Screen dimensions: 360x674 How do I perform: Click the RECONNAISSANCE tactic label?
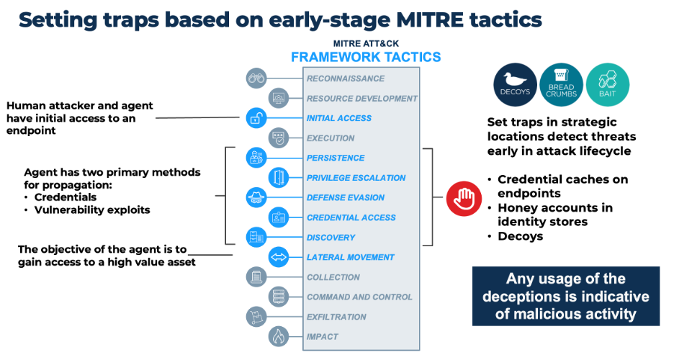tap(346, 78)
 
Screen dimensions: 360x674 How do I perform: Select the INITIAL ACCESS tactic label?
tap(339, 118)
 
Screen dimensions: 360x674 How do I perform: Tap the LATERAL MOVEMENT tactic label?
tap(351, 257)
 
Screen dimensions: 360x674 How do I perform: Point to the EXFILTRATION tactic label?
tap(336, 317)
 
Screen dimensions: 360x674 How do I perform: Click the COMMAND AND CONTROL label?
tap(359, 297)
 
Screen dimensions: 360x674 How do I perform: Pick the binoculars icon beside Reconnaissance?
tap(256, 78)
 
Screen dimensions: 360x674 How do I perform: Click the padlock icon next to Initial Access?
tap(256, 118)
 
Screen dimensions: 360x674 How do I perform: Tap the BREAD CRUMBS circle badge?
tap(560, 82)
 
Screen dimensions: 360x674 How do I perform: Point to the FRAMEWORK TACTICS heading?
tap(366, 57)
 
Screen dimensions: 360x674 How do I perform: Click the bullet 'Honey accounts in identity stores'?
tap(554, 215)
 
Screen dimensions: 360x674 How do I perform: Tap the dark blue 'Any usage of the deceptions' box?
tap(565, 296)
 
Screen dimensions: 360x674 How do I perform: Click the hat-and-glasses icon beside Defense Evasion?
tap(256, 197)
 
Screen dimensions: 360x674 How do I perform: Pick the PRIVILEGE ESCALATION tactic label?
tap(356, 178)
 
